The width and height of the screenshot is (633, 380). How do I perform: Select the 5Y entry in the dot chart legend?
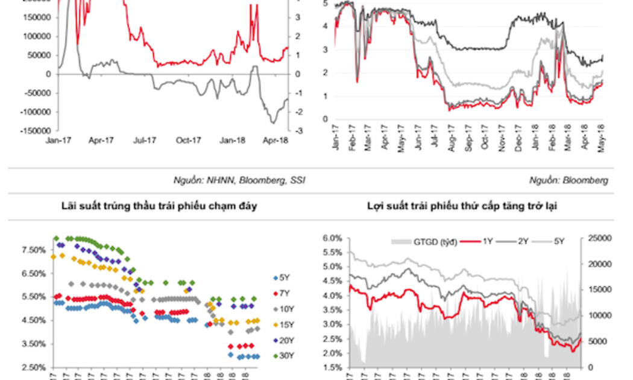283,277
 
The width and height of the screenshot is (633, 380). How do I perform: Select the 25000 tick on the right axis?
598,238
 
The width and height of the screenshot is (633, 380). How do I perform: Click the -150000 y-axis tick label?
34,130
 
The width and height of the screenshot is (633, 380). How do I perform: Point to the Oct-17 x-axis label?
188,141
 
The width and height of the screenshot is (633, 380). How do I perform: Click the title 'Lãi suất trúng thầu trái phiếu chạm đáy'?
159,206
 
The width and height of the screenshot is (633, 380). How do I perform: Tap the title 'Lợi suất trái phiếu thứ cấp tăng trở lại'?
462,206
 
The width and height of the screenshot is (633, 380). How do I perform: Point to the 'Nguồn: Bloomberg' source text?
568,180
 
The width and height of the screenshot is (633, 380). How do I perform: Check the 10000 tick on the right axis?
598,315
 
